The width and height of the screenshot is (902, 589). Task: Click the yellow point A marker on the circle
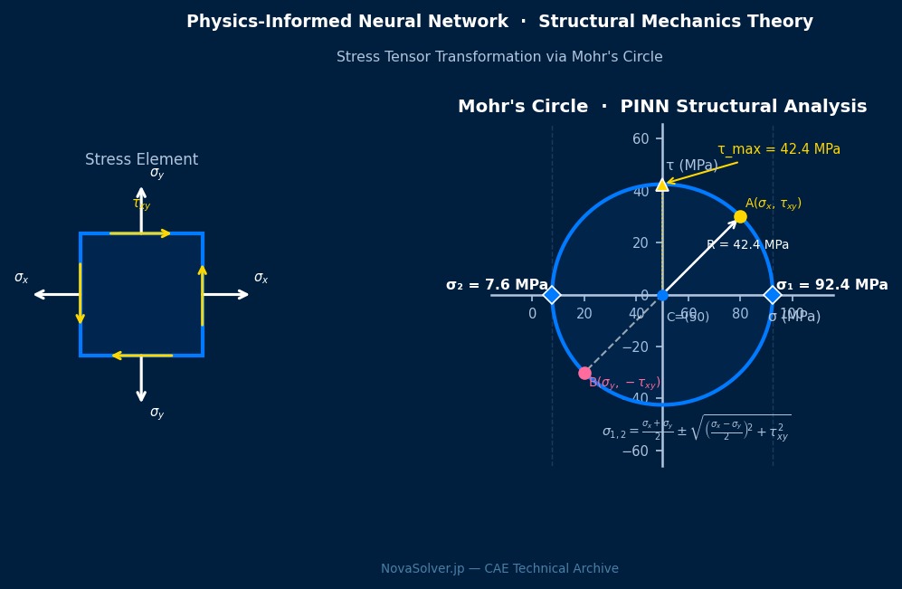point(740,216)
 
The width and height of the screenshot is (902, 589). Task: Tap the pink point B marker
point(584,373)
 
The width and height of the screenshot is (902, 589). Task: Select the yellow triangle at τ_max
point(662,185)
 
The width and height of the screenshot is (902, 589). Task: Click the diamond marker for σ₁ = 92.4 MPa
point(772,295)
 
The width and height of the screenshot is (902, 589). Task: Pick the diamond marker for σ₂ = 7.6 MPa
point(552,295)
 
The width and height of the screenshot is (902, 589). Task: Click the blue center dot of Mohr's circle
point(662,295)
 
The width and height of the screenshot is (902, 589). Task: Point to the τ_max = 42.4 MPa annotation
point(778,149)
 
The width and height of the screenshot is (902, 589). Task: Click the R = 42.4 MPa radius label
point(747,245)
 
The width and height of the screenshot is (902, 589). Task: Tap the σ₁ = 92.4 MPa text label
point(831,285)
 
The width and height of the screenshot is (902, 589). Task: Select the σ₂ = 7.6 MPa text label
point(497,285)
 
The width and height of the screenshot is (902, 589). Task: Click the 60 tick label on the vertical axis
point(641,138)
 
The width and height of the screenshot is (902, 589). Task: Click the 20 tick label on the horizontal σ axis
point(584,314)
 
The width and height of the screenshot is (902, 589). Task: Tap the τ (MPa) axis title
point(691,166)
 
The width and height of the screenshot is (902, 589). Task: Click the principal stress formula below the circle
point(696,429)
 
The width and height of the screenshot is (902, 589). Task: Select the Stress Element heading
point(141,160)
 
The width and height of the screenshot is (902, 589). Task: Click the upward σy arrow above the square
point(141,208)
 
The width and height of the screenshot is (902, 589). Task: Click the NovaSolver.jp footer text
point(499,569)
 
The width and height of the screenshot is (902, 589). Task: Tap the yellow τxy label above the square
point(141,204)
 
